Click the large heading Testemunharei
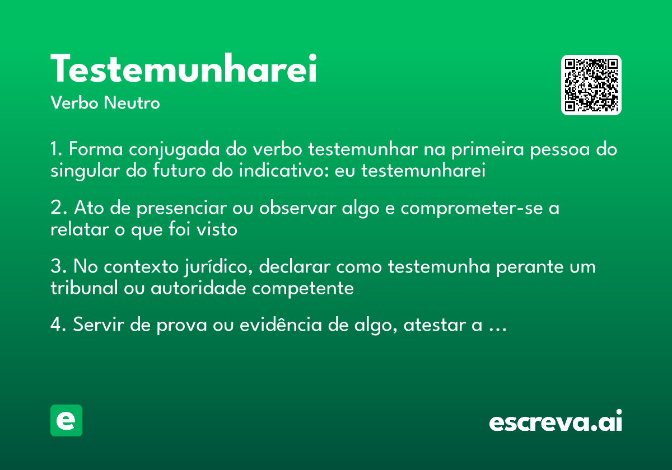click(184, 69)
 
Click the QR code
click(591, 85)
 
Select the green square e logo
click(66, 420)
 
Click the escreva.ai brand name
click(555, 422)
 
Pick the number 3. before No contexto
click(58, 267)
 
